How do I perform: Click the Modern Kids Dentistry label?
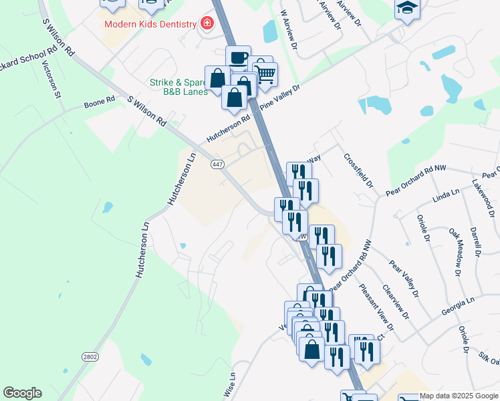[150, 24]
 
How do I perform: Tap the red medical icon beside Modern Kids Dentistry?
[207, 24]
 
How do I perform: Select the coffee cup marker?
[238, 57]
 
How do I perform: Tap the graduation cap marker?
[405, 8]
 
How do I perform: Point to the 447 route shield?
[217, 164]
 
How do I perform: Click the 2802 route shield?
[90, 357]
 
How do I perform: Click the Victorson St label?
[51, 80]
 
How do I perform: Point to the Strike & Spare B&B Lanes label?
[177, 88]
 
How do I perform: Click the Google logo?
[22, 393]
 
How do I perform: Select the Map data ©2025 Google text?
[459, 396]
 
